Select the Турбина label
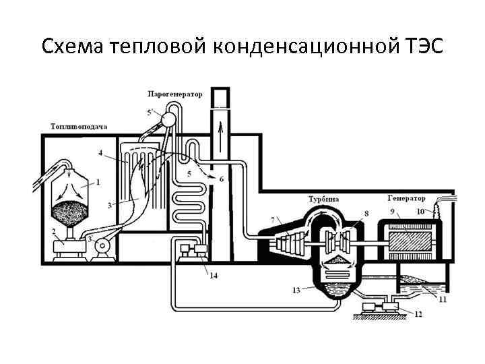[323, 199]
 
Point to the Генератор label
[407, 198]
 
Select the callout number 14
[214, 276]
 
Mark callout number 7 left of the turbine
[272, 220]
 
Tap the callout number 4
[100, 154]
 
